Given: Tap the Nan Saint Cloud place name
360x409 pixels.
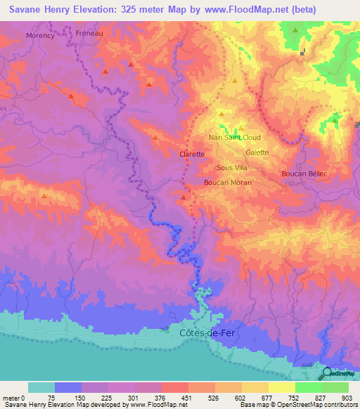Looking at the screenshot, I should (235, 138).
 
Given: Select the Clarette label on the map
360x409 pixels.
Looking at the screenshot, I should (192, 154).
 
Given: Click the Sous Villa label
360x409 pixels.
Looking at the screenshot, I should (232, 168).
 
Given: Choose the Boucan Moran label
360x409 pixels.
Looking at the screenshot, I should (227, 182).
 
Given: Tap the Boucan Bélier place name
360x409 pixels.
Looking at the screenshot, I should (303, 173).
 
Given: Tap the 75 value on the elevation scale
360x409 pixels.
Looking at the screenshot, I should (51, 397).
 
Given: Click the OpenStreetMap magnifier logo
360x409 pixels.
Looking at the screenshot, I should (328, 374).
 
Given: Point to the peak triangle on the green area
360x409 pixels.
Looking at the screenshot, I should (295, 30).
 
